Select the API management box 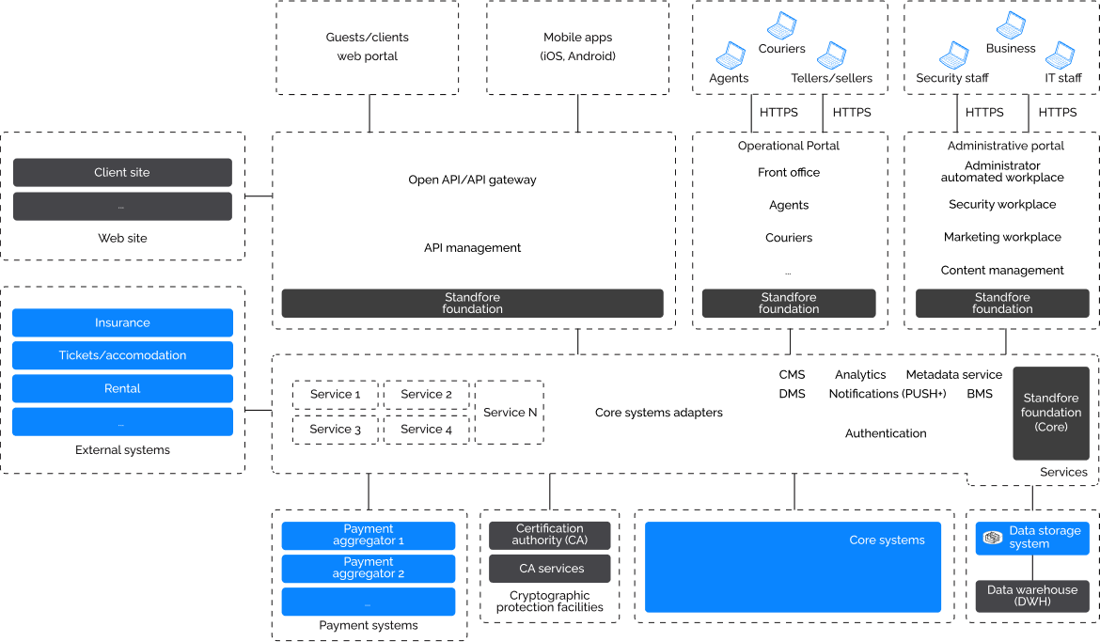click(472, 248)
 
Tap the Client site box click(122, 172)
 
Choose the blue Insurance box click(122, 322)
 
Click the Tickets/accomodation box click(122, 355)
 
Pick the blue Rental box click(122, 388)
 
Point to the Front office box click(788, 172)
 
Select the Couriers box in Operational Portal click(788, 238)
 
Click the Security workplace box click(1002, 204)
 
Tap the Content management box click(1002, 270)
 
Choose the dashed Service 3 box click(336, 429)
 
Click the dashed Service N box click(510, 413)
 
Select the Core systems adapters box click(658, 413)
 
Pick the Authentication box click(886, 433)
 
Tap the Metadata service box click(954, 374)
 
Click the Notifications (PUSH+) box click(887, 394)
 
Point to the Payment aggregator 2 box click(369, 568)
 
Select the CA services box click(550, 568)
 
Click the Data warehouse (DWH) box click(1031, 596)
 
